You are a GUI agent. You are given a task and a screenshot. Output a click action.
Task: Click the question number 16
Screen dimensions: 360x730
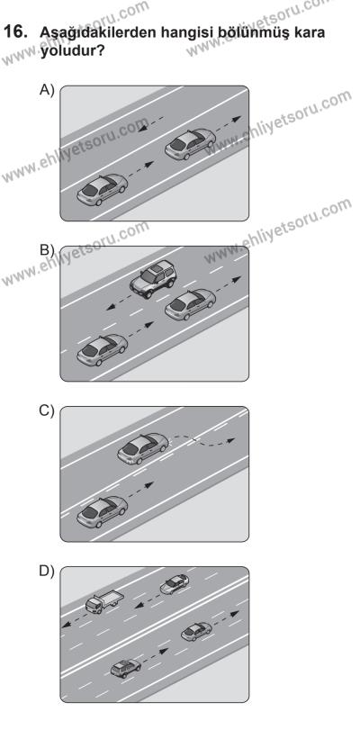pos(14,32)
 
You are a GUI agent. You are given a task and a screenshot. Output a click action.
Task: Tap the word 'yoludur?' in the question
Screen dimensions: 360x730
pos(72,50)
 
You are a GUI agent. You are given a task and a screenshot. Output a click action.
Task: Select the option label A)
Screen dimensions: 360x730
pos(47,90)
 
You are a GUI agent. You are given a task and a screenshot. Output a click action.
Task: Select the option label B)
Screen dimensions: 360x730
pos(47,250)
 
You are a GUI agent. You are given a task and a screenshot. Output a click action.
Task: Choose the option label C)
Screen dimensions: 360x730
pos(47,411)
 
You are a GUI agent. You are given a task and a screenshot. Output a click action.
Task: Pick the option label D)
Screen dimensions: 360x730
pos(47,572)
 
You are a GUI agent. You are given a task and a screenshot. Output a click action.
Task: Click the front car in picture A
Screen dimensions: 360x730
pos(190,144)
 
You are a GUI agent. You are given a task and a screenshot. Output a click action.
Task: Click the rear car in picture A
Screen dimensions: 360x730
pos(102,190)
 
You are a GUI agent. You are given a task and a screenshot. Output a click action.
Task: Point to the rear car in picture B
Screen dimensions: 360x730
pos(102,350)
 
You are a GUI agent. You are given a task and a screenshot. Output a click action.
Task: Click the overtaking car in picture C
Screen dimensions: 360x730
pos(143,448)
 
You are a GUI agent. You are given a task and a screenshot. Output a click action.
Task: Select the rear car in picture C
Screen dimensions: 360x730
pos(102,512)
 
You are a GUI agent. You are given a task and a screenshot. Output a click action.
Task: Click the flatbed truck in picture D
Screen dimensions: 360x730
pos(104,602)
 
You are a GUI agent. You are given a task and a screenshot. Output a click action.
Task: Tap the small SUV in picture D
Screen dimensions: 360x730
pos(125,669)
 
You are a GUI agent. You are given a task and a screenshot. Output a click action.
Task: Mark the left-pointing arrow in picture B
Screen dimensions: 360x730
pos(123,302)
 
